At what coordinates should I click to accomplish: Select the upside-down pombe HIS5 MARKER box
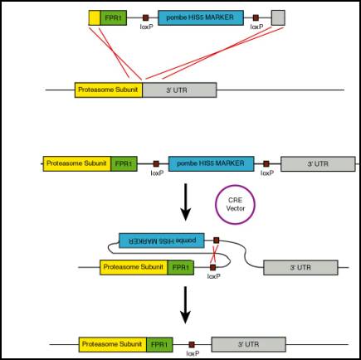[162, 241]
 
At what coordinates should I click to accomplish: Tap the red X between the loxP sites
[213, 254]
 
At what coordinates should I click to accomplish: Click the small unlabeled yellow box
[95, 18]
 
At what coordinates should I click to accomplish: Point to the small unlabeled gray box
[278, 18]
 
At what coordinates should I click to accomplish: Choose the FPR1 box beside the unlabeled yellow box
[114, 18]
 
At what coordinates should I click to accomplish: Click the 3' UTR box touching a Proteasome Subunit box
[179, 90]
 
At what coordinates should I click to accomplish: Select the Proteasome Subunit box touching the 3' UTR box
[109, 90]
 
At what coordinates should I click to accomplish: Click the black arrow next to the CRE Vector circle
[185, 202]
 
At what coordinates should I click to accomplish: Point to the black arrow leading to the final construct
[185, 305]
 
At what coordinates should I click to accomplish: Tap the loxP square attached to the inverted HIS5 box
[217, 241]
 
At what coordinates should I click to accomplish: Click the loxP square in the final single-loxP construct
[192, 344]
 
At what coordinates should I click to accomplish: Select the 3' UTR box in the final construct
[249, 344]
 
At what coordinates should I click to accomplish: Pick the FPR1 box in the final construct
[159, 344]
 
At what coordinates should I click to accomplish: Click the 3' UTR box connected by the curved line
[300, 267]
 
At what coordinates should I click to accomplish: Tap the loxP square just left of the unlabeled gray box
[256, 18]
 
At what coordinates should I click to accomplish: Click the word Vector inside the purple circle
[236, 208]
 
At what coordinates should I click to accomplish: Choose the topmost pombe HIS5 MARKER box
[201, 18]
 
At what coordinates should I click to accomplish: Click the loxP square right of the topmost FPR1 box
[145, 18]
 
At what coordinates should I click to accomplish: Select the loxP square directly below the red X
[212, 267]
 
